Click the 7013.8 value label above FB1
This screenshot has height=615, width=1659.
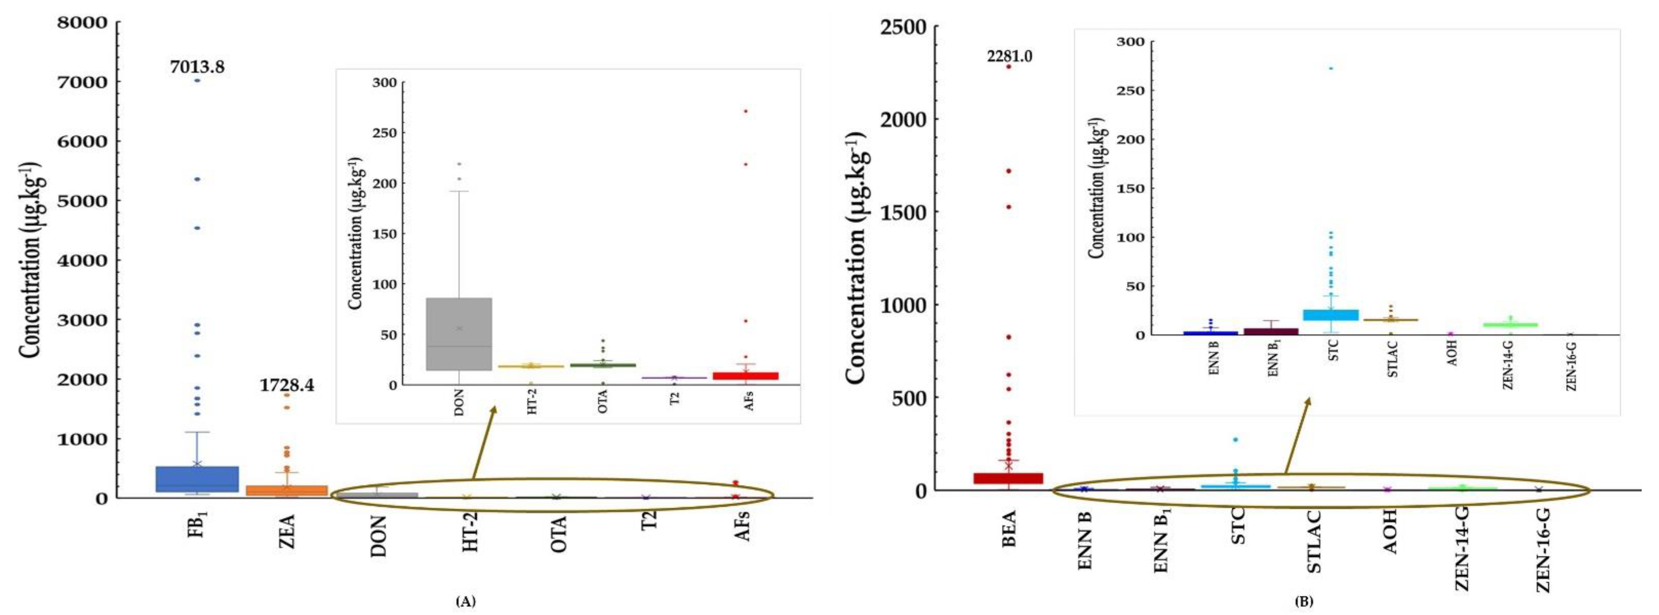click(197, 67)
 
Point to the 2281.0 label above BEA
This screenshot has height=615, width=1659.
click(1009, 57)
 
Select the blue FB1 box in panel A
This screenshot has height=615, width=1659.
click(197, 479)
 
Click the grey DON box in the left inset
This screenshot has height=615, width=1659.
click(459, 334)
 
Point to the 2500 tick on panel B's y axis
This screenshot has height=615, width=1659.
click(903, 27)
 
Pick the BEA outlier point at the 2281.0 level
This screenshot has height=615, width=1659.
click(1009, 66)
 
